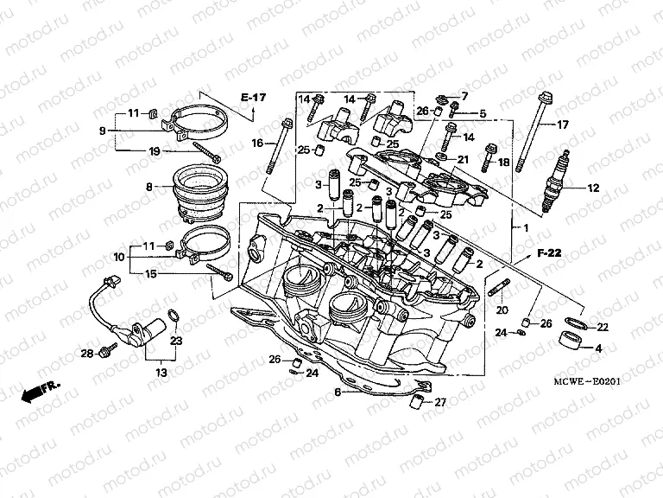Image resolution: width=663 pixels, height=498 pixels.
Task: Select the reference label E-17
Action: tap(253, 98)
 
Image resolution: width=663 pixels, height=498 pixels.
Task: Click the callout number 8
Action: tap(148, 187)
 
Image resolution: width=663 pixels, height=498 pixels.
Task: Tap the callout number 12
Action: tap(592, 188)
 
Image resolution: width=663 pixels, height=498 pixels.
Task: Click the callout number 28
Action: tap(86, 354)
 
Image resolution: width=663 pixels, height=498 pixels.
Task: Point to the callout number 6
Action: tap(338, 392)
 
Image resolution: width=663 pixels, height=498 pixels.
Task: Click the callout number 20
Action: tap(502, 310)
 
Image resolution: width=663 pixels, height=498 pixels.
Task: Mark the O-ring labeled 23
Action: tap(172, 317)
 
